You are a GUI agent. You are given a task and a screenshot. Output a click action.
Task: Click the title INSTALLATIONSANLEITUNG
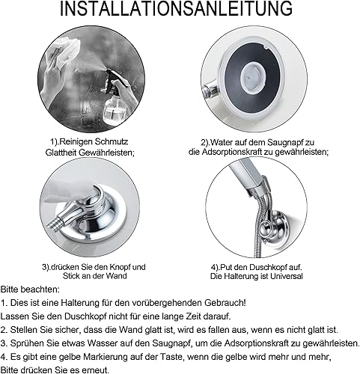176,8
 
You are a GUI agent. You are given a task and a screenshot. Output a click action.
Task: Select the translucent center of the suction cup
251,76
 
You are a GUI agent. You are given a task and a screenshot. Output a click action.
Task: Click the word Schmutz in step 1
111,142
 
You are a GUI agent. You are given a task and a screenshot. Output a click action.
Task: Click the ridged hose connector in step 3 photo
55,222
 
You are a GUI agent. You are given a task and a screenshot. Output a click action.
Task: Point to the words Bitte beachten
30,289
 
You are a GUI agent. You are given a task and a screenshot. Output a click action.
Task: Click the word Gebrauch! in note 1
225,303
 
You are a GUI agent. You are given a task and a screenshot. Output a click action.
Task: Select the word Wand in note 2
131,330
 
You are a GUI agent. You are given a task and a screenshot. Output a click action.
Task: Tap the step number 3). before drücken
46,267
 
